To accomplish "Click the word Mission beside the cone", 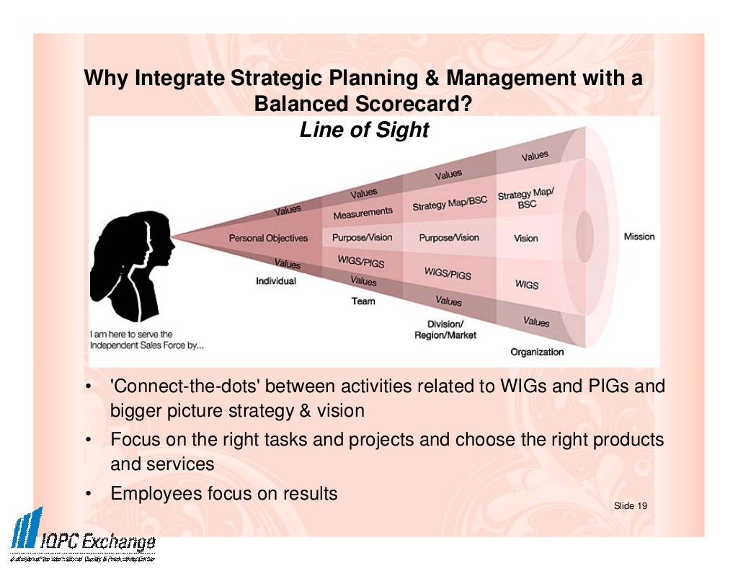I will click(639, 236).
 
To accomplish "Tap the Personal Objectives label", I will click(268, 238).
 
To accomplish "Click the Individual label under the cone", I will click(275, 281).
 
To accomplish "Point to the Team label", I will click(363, 301).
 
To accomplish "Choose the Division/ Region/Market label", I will click(445, 329).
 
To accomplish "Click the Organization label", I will click(537, 352).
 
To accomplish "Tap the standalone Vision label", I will click(526, 238).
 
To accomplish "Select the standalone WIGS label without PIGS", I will click(527, 285).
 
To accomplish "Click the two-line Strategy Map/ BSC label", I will click(525, 199).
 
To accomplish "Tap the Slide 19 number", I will click(630, 506).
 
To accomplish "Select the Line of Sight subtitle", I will click(364, 130).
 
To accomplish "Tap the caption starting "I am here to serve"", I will click(146, 340).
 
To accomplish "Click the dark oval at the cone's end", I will click(584, 236).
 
